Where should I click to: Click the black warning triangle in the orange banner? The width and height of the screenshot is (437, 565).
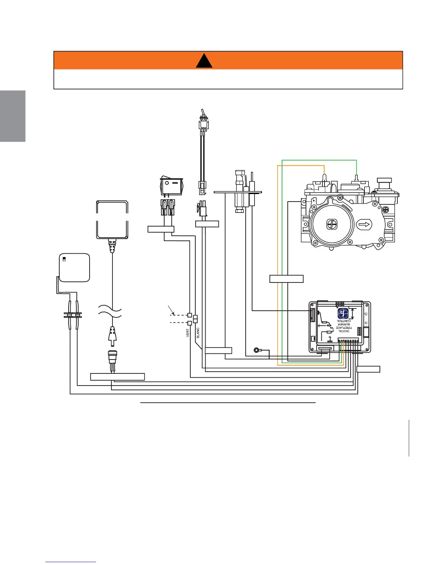click(x=205, y=61)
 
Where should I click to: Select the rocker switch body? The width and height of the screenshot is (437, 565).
click(x=172, y=186)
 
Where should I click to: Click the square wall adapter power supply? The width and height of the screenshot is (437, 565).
click(x=112, y=219)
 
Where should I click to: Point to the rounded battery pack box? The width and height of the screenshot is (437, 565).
click(x=74, y=267)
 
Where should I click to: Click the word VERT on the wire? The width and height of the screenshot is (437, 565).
click(x=188, y=333)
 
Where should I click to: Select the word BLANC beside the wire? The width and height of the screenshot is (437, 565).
click(x=198, y=332)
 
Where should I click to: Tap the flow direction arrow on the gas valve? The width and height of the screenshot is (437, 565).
click(x=365, y=225)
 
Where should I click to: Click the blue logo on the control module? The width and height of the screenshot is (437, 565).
click(x=343, y=314)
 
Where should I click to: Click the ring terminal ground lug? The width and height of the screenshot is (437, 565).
click(x=256, y=350)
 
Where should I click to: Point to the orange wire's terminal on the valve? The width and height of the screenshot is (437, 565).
click(x=324, y=177)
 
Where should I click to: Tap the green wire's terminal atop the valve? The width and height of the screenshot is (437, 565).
click(x=357, y=177)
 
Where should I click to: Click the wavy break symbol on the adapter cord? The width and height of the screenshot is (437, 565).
click(x=112, y=310)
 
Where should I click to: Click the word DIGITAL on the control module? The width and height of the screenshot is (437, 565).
click(x=343, y=331)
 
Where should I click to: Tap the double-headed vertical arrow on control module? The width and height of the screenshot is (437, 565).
click(x=353, y=314)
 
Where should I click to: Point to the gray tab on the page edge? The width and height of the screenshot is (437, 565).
click(x=12, y=116)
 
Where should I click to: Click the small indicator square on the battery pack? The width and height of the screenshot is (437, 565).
click(x=64, y=258)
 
